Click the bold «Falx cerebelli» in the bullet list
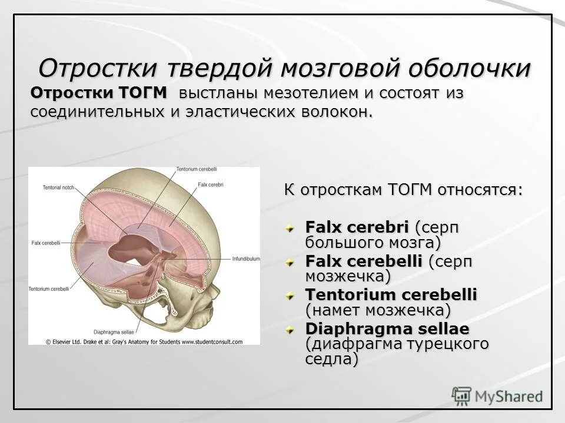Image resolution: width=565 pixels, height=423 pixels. (364, 261)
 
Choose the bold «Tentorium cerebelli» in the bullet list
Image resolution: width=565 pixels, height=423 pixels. (391, 295)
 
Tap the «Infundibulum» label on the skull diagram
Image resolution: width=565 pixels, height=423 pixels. (245, 258)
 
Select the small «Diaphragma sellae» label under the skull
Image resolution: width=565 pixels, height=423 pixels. (112, 331)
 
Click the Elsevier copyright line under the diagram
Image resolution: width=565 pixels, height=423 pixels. (144, 341)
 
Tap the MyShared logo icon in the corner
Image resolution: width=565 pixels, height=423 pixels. (461, 396)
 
